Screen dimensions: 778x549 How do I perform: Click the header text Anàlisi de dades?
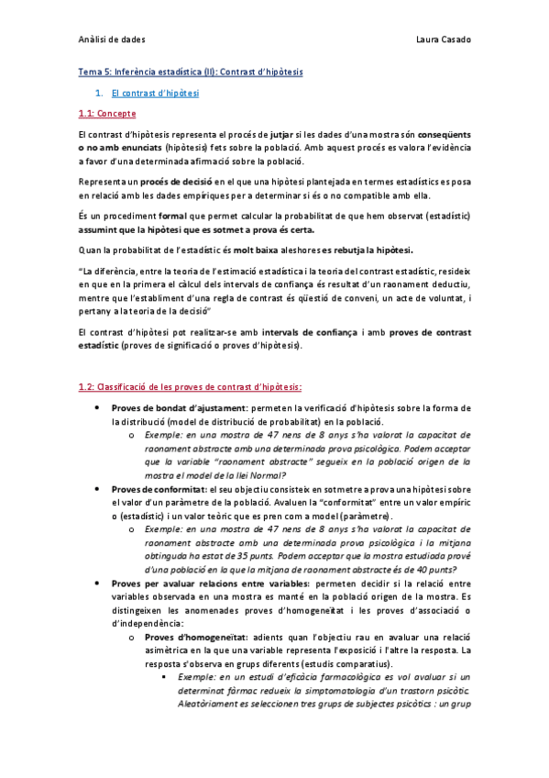[x=112, y=41]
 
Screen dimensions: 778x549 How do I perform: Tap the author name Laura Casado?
[x=442, y=41]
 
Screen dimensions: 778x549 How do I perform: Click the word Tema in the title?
[x=89, y=72]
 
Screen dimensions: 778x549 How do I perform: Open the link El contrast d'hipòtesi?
[x=154, y=93]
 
